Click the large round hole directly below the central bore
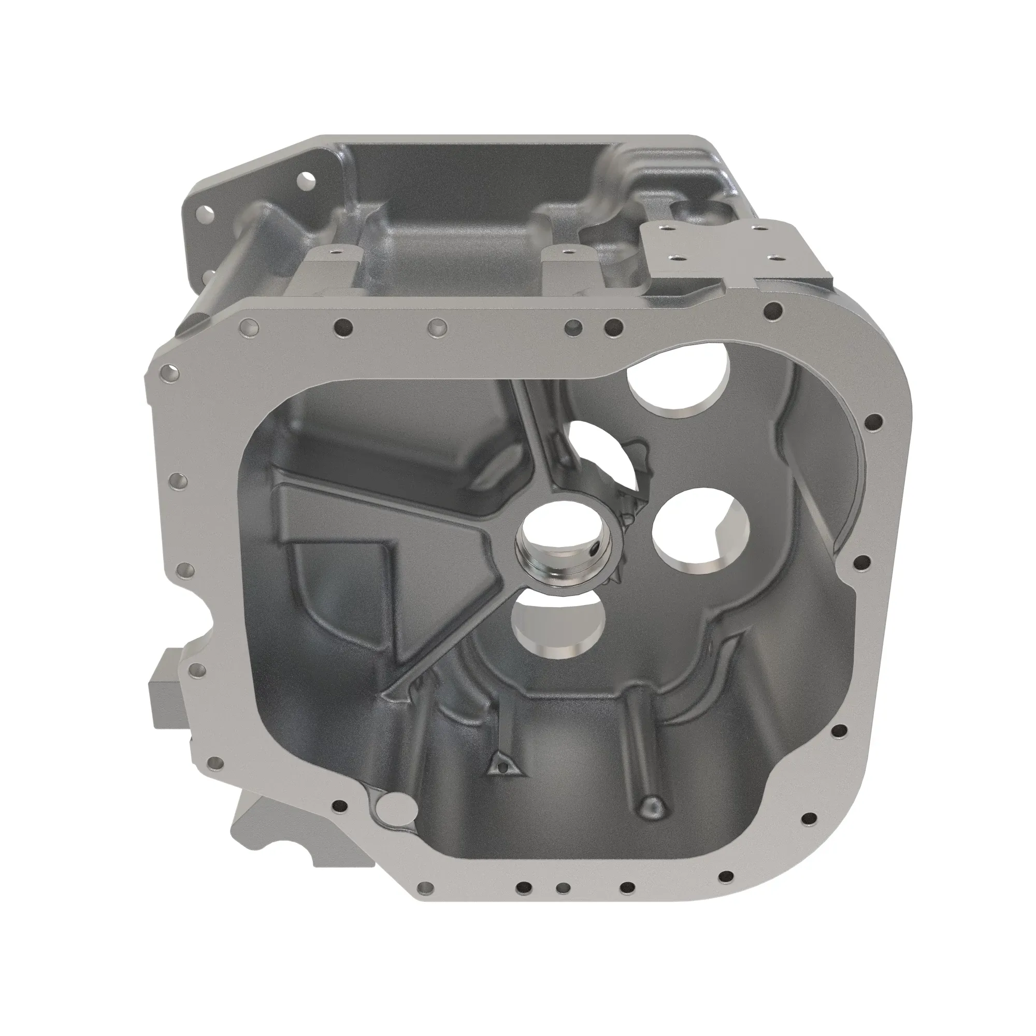click(x=558, y=627)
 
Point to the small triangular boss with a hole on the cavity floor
click(x=502, y=767)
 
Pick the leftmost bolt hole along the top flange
click(x=249, y=326)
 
